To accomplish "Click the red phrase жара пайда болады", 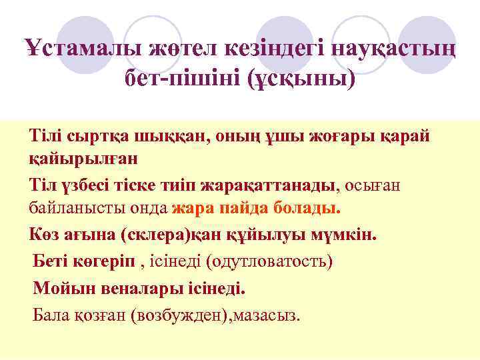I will (256, 207).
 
